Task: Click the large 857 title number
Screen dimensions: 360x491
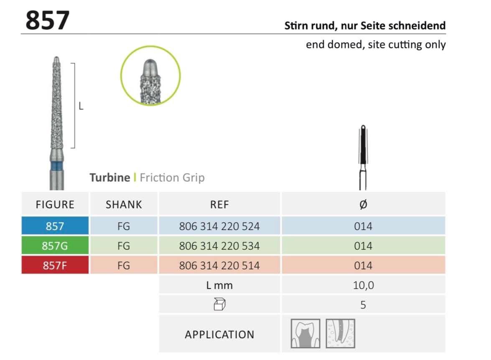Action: click(47, 20)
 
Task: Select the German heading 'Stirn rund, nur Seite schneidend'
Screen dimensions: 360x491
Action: click(365, 26)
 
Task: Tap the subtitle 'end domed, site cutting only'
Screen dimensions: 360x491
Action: click(375, 44)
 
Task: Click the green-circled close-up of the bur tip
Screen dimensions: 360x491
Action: click(150, 75)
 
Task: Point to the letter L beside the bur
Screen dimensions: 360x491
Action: click(81, 106)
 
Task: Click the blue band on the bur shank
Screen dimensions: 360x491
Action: click(55, 168)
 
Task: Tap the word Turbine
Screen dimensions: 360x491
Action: click(110, 178)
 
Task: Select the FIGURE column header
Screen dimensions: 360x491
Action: click(55, 204)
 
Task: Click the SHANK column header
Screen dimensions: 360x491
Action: click(124, 204)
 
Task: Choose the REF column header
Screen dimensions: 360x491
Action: click(219, 204)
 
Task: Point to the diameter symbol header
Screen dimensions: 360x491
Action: click(363, 204)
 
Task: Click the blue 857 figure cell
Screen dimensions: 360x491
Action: click(55, 226)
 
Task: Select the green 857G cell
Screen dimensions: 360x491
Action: click(55, 246)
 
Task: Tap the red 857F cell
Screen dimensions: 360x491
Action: click(55, 266)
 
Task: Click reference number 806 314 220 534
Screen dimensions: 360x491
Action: click(219, 246)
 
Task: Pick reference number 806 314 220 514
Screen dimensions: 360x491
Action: click(219, 266)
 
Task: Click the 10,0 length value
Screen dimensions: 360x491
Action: click(363, 285)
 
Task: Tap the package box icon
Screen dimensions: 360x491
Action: click(219, 305)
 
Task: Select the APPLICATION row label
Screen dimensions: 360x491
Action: click(219, 334)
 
